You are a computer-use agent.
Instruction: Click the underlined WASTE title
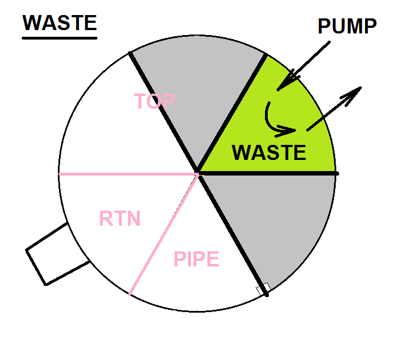pos(60,23)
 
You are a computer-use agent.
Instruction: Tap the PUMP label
pos(347,26)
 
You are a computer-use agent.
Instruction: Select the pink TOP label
pos(155,101)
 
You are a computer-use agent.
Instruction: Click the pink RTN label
pos(120,218)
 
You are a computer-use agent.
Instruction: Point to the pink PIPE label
pos(196,259)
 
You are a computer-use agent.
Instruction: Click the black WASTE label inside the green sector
pos(269,153)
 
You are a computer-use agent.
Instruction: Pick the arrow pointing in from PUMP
pos(301,68)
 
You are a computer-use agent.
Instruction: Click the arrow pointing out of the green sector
pos(334,108)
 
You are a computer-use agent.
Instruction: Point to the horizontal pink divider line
pos(128,174)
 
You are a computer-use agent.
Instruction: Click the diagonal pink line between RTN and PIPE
pos(164,234)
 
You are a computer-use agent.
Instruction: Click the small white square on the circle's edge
pos(263,289)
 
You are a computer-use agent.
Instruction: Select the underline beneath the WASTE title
pos(60,37)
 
